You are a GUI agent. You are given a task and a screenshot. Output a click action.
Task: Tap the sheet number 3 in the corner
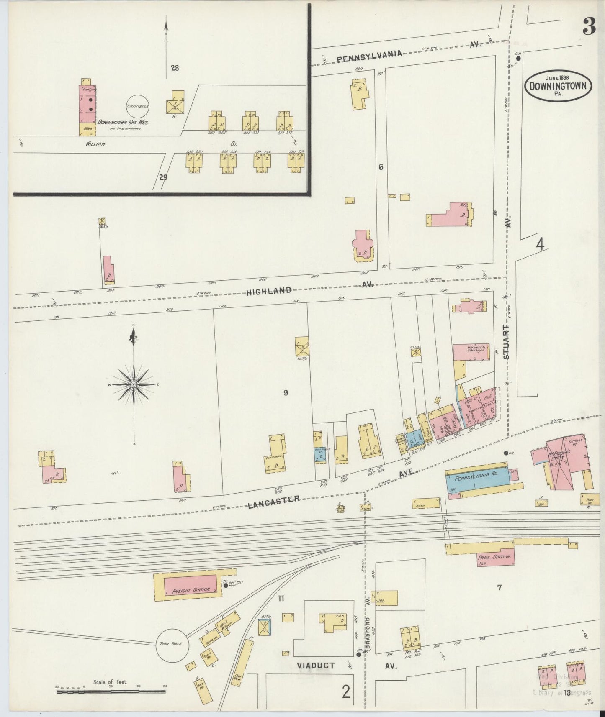(588, 28)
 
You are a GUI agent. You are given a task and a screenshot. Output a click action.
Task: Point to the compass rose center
(134, 384)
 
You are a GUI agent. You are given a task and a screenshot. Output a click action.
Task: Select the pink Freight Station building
(190, 586)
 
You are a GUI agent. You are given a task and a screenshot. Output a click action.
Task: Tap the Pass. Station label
(494, 557)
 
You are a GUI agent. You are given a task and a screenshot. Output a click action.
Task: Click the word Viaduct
(316, 666)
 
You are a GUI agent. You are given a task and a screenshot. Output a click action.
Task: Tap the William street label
(95, 143)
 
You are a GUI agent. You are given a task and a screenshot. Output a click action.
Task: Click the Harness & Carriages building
(471, 350)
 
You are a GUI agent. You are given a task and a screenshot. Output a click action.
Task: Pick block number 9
(286, 393)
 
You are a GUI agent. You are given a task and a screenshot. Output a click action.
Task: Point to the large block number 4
(540, 244)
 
